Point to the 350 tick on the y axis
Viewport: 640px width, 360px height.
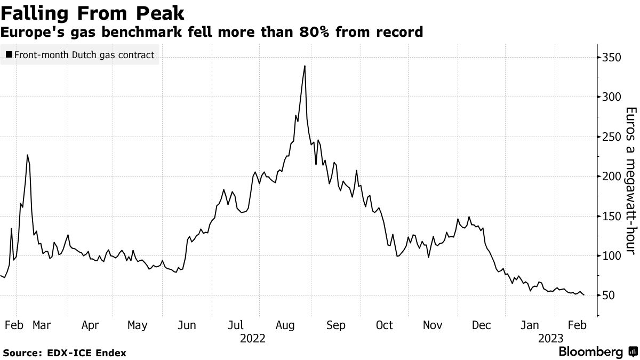[x=612, y=57]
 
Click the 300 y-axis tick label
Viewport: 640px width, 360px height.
[x=612, y=97]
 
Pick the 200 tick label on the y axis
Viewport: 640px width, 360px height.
[x=612, y=177]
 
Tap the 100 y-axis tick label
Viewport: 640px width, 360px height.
[x=612, y=256]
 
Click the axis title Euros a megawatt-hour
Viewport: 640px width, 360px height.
[x=631, y=176]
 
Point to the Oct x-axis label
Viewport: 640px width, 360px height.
[x=384, y=325]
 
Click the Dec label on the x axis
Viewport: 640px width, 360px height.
[x=482, y=325]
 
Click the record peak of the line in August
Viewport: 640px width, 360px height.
[x=305, y=66]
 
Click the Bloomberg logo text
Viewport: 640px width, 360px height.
[x=590, y=352]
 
